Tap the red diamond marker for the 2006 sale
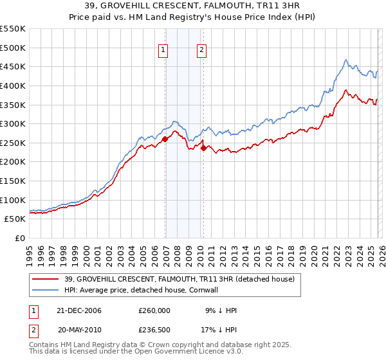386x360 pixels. [x=165, y=139]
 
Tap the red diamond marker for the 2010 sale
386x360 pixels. [x=204, y=148]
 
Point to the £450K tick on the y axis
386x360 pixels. [x=13, y=66]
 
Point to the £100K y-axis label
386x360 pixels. [x=13, y=200]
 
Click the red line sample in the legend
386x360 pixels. [x=46, y=279]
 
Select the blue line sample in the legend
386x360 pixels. [x=46, y=290]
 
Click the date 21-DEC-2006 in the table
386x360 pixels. [x=80, y=310]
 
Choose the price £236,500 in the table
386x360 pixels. [x=154, y=330]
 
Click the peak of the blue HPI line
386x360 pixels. [x=346, y=60]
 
